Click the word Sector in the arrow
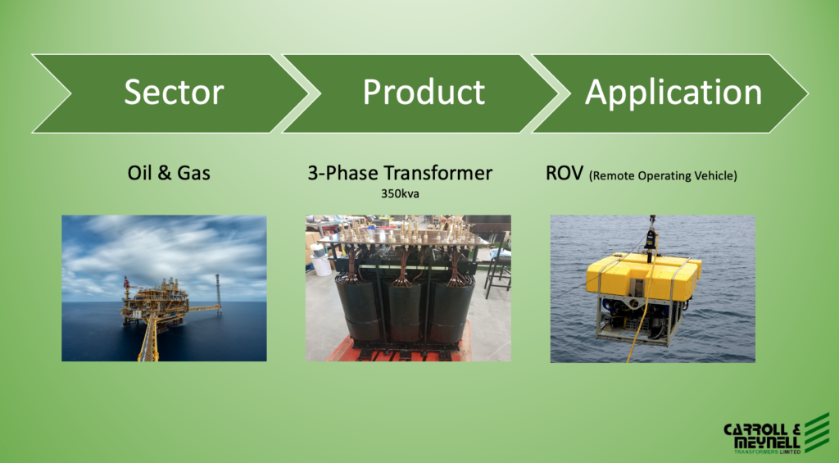click(174, 92)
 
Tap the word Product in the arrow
click(424, 92)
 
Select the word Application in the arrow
click(673, 93)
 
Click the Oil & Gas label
click(169, 173)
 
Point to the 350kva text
click(400, 193)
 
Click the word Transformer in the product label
click(438, 173)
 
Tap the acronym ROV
click(564, 174)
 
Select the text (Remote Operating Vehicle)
click(663, 175)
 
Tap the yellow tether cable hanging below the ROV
click(637, 332)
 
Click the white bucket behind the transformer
click(320, 261)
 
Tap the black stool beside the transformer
click(497, 267)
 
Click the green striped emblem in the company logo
click(817, 433)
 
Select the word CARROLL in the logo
click(755, 429)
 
